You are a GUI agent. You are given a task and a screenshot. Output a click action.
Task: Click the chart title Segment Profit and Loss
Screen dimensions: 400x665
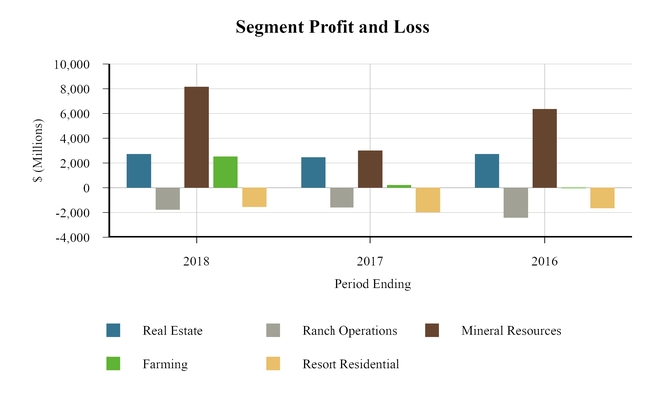332,27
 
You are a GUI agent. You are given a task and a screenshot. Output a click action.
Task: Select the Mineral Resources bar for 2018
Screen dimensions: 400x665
196,137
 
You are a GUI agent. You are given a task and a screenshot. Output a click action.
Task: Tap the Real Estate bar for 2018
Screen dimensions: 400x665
139,171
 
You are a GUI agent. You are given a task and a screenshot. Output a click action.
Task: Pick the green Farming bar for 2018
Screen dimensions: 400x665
225,172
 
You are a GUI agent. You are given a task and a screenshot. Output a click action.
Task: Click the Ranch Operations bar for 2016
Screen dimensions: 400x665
515,202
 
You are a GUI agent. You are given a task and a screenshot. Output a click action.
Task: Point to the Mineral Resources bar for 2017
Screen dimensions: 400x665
370,169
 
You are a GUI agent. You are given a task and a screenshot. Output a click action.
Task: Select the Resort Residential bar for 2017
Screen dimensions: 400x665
428,200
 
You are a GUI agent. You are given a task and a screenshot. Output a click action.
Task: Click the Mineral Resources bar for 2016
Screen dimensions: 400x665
544,148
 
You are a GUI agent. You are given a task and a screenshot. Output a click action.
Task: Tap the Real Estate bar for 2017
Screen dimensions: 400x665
313,172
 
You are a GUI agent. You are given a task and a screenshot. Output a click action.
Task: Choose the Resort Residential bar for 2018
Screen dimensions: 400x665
254,197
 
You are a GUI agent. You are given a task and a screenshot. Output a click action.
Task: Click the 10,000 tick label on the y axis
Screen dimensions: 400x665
71,65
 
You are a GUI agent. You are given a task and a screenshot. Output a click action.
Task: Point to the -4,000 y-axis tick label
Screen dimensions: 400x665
73,238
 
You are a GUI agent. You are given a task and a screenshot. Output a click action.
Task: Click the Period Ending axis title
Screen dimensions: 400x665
372,284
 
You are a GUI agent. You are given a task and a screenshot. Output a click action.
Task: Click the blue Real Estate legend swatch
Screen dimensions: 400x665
113,331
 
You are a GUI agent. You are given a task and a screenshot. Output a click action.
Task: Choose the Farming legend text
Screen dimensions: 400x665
164,364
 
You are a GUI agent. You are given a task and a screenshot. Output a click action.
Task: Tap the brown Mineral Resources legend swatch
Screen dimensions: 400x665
432,331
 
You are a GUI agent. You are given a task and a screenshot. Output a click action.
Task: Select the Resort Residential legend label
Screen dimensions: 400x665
350,364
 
